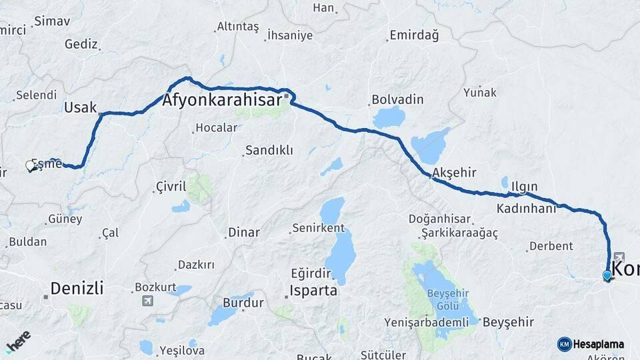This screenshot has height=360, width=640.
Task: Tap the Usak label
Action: pos(81,107)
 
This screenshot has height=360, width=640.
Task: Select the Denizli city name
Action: pos(77,288)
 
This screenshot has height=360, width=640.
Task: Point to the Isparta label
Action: pos(313,291)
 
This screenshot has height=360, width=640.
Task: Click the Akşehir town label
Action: pos(454,173)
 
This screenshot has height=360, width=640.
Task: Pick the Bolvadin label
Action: pos(398,99)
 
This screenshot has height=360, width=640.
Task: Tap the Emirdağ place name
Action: pos(414,35)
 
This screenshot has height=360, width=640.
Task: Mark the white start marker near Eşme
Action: pos(30,165)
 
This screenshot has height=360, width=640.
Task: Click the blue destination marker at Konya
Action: pos(607,275)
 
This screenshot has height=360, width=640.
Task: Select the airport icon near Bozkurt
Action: pos(147,301)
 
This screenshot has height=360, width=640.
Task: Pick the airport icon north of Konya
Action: pos(618,257)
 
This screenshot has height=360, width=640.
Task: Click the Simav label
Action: pos(52,21)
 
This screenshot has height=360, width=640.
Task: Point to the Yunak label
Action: pos(481,92)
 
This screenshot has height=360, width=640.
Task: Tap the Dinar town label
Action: pos(244,232)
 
